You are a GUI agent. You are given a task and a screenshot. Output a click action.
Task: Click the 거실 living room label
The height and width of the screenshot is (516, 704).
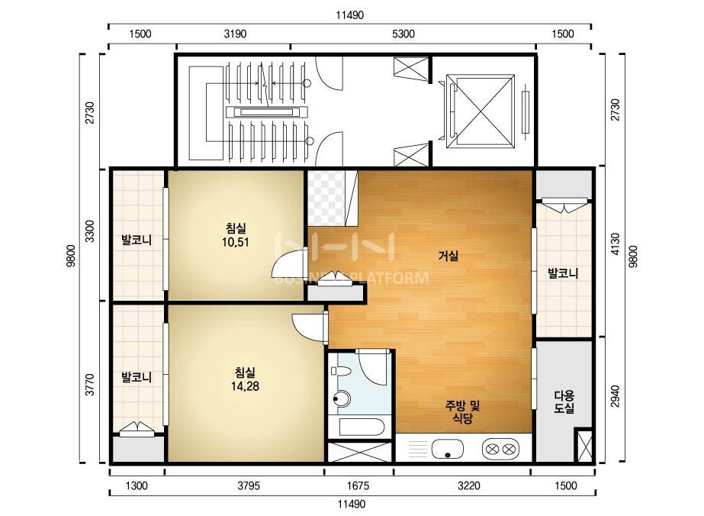pos(448,256)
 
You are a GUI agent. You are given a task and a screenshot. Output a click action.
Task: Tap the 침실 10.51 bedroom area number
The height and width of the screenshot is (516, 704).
pos(235,243)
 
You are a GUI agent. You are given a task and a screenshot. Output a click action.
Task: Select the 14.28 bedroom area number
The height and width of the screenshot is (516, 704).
pos(245,386)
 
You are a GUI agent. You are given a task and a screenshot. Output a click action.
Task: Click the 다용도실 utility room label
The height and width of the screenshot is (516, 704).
pos(564,402)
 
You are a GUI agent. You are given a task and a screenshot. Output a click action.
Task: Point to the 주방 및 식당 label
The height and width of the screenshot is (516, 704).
pos(462,412)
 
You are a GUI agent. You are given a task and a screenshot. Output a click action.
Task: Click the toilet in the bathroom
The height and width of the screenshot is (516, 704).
pos(341,371)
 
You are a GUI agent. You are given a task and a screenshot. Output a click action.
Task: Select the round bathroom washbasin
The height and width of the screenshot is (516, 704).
pos(342,398)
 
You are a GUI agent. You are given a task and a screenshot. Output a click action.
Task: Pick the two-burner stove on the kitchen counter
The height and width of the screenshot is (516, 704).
pos(500,449)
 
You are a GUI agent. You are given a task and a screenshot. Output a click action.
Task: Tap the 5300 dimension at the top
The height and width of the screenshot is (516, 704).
pos(403,34)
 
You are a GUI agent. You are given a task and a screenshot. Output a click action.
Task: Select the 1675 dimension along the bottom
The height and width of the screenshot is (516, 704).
pos(358,485)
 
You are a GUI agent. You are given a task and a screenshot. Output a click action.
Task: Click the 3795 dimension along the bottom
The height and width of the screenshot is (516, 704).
pos(249,485)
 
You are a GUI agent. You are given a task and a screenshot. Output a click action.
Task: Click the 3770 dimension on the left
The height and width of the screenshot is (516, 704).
pos(90,385)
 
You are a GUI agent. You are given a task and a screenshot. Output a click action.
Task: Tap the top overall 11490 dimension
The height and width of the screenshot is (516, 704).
pos(350,15)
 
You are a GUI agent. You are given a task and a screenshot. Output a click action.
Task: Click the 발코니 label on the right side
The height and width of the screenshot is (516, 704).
pos(563,273)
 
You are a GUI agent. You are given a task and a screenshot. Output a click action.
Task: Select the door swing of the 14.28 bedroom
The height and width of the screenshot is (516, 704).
pos(307,325)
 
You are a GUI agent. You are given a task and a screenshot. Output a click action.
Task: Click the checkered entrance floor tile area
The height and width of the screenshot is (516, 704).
pos(326,198)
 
